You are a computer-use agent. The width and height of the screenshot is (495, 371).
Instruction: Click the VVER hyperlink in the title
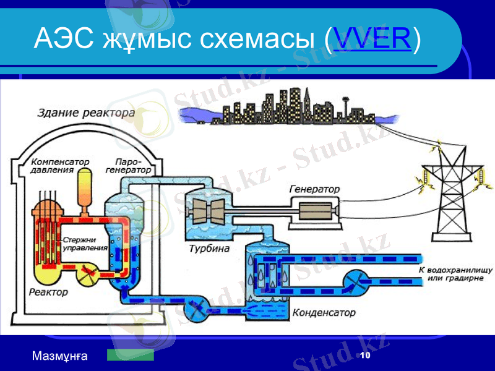372,39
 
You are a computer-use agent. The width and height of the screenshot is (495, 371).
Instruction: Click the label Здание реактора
87,113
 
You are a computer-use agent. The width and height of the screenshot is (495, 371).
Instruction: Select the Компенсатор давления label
61,165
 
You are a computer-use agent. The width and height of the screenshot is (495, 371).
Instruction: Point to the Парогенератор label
128,165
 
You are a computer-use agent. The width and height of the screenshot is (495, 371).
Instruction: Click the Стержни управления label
85,243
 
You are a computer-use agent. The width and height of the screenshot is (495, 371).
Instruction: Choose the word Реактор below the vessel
48,291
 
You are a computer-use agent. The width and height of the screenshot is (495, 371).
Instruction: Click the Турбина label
209,249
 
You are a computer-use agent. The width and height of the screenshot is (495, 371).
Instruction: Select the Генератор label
314,188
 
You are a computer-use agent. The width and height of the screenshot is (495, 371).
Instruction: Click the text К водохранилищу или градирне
455,275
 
